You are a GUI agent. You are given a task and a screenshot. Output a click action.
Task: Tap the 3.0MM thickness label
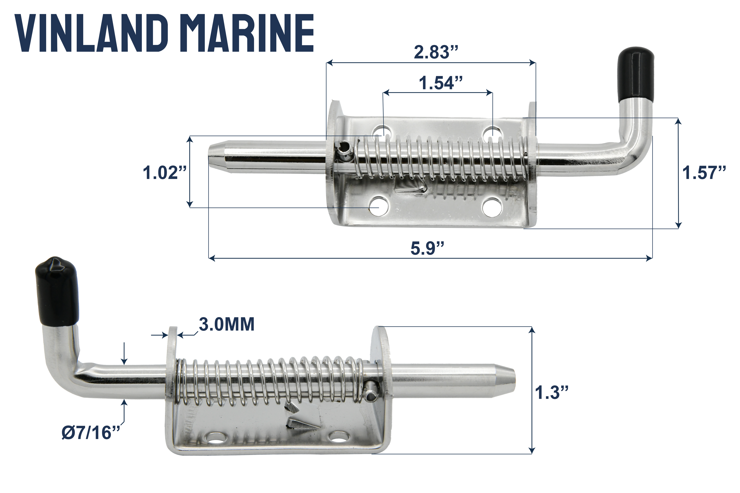pyautogui.click(x=226, y=324)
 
